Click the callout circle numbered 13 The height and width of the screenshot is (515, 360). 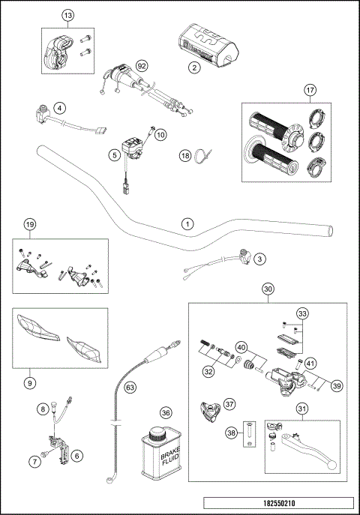(x=68, y=15)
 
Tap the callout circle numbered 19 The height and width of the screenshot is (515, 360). (x=29, y=225)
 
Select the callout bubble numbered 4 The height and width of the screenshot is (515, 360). (x=59, y=108)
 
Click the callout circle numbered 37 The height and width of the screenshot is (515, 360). (x=229, y=403)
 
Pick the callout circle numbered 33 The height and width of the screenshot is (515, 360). (x=301, y=313)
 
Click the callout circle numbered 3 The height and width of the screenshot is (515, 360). (x=259, y=259)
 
